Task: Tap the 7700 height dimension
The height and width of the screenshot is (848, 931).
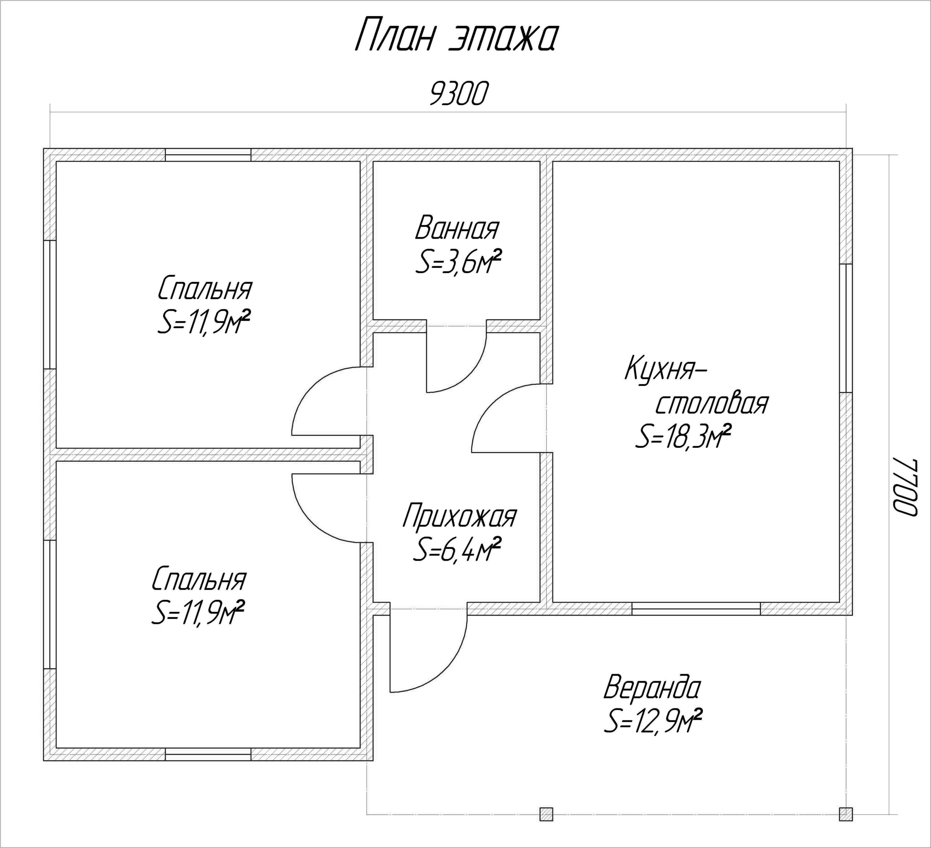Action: (903, 487)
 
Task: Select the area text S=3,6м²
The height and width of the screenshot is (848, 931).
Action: (458, 262)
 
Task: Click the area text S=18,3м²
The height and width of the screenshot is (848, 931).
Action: (683, 437)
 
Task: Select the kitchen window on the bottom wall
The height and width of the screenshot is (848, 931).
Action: (696, 609)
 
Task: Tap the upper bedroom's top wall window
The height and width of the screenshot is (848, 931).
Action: (208, 155)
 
